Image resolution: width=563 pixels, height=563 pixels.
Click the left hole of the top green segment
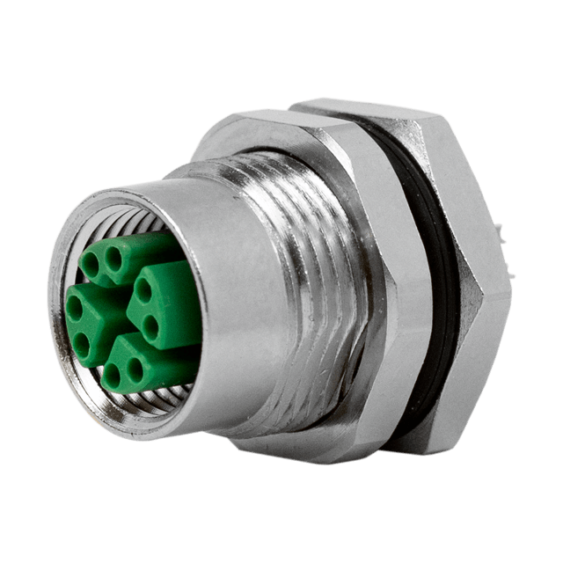point(90,261)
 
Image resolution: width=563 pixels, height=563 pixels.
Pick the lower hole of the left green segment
point(83,340)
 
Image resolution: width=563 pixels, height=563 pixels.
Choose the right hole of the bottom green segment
point(134,369)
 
